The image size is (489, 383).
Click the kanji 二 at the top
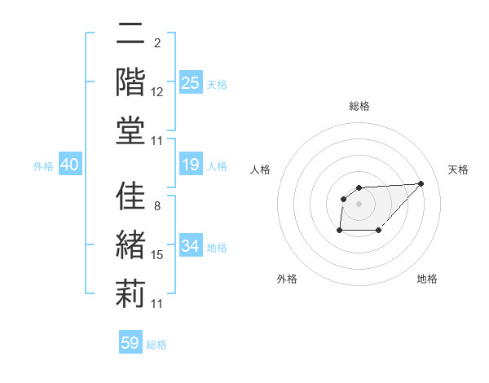(130, 35)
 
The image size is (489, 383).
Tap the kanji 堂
(130, 131)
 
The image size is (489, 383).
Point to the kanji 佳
(130, 198)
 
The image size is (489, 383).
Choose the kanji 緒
(130, 246)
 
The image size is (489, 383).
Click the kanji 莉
(130, 293)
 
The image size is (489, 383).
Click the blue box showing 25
(190, 82)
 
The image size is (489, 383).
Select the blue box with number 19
(190, 165)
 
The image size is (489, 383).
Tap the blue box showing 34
(190, 246)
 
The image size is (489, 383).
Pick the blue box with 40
(69, 165)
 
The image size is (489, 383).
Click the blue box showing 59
(130, 343)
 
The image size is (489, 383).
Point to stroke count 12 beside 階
(157, 92)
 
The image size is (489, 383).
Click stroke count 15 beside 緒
(157, 255)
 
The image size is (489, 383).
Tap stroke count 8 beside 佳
(156, 205)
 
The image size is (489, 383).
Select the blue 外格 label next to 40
(43, 166)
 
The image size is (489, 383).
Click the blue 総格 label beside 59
(156, 344)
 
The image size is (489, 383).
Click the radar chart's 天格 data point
(421, 183)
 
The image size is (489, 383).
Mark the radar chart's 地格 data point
(379, 231)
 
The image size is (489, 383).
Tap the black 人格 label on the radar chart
(261, 169)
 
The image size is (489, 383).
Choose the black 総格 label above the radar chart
(359, 106)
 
